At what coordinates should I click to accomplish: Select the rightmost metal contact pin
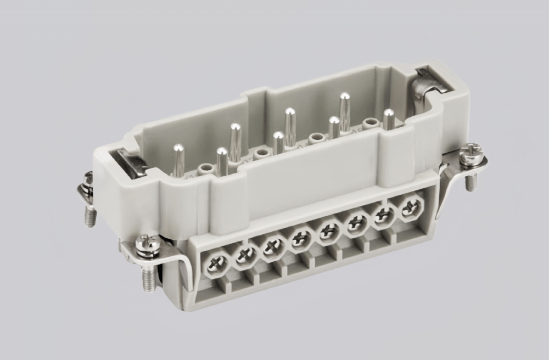[x=389, y=119]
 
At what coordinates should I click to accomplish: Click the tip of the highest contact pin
[x=344, y=97]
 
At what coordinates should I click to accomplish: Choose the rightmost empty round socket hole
[x=372, y=123]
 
